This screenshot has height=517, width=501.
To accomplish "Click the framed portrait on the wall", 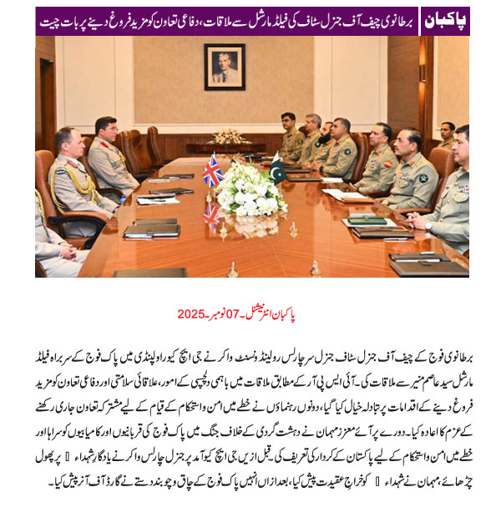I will pyautogui.click(x=224, y=66).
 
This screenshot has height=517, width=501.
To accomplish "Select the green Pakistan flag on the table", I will pyautogui.click(x=276, y=169).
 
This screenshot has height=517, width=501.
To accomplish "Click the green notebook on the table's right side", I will pyautogui.click(x=367, y=219).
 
